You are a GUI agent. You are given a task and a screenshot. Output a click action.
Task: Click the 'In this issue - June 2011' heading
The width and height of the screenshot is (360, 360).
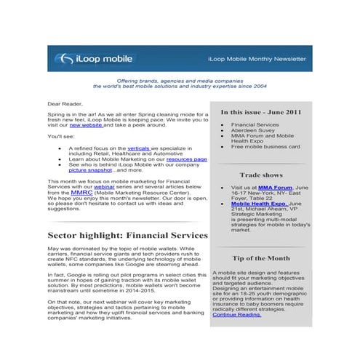tap(262, 112)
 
